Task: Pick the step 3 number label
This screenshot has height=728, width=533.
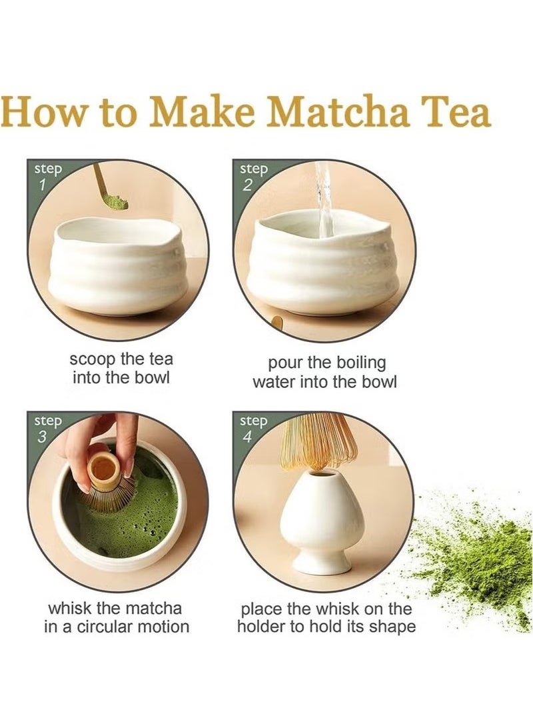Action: pyautogui.click(x=42, y=437)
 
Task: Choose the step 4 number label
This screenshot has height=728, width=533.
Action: pyautogui.click(x=248, y=437)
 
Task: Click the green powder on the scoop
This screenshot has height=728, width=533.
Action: pyautogui.click(x=115, y=202)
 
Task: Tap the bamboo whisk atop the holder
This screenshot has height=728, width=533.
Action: pyautogui.click(x=320, y=441)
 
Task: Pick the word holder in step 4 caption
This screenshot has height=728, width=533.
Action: pyautogui.click(x=262, y=626)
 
